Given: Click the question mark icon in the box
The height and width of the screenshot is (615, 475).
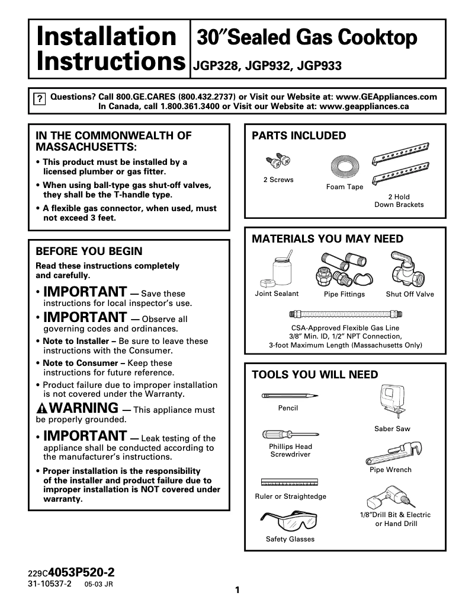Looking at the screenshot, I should coord(38,99).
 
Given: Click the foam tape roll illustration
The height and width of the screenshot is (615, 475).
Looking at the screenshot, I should coord(344,167).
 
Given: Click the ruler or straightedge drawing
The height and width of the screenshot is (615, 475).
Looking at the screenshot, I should coord(290,482).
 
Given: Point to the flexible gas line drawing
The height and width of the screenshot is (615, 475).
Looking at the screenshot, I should coord(345,313).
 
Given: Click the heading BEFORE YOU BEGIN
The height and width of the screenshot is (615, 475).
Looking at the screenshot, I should coord(89,251).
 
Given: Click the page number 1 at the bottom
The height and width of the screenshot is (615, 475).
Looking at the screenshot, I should coord(237,590).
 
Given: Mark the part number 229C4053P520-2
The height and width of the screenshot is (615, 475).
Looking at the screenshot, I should coord(71,573).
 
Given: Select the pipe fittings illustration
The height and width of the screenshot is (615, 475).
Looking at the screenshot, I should coord(344,270).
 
